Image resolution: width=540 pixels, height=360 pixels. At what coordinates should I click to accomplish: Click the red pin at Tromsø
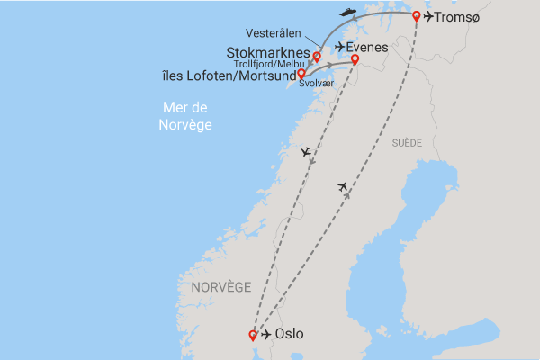tap(416, 15)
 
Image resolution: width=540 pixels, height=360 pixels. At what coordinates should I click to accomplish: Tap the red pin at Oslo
tap(252, 335)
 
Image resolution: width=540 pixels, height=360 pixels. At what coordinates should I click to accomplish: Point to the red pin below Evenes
tap(355, 60)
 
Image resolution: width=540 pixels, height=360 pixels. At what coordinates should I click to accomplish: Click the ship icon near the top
tap(347, 12)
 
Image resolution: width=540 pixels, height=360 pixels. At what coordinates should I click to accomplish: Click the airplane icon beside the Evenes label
tap(339, 47)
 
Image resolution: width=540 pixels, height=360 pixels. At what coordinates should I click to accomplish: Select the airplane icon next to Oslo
tap(265, 336)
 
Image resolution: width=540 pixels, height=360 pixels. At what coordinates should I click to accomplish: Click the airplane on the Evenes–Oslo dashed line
tap(307, 153)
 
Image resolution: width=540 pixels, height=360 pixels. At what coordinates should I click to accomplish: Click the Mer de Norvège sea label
tap(186, 116)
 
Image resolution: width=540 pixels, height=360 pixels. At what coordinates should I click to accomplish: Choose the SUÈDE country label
tap(407, 143)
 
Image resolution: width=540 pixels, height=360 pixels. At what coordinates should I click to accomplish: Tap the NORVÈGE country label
tap(220, 286)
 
